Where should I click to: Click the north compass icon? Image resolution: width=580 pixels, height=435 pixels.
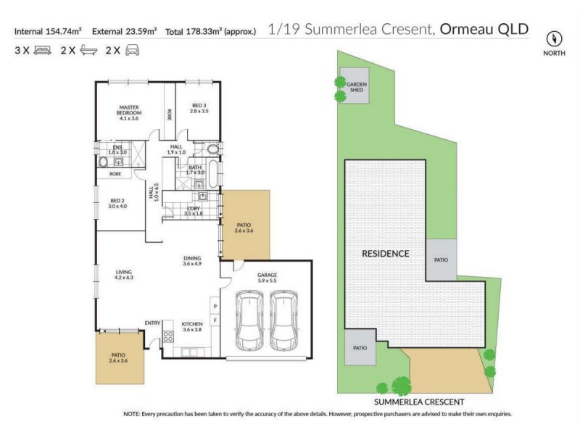coord(555,38)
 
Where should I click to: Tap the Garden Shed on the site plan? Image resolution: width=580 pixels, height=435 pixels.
coord(355,87)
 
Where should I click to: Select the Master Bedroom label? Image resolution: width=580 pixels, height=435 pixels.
coord(130,112)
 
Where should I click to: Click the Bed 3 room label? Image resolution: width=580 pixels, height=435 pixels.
coord(199,108)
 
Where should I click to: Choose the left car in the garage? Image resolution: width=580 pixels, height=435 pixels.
coord(249,320)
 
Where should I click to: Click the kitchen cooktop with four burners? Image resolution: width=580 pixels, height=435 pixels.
coord(168,336)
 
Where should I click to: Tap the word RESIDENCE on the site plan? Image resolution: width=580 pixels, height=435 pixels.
coord(386,254)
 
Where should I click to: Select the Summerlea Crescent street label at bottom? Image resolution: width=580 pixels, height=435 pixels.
coord(418,401)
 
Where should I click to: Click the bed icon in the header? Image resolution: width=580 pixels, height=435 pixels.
coord(43,51)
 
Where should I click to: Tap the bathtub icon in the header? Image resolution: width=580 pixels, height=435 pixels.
coord(88,51)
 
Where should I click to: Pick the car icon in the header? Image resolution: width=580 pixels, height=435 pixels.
coord(133,51)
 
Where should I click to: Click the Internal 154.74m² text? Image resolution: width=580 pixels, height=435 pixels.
coord(48,31)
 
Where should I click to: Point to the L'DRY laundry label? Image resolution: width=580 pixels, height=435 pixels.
coord(194,211)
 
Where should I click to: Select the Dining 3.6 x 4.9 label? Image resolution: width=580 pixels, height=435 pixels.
coord(192,261)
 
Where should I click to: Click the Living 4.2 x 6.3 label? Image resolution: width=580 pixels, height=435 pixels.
coord(125,275)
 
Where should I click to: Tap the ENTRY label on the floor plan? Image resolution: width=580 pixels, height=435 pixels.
coord(152,323)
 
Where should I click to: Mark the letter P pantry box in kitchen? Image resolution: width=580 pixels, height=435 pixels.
coord(215,307)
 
